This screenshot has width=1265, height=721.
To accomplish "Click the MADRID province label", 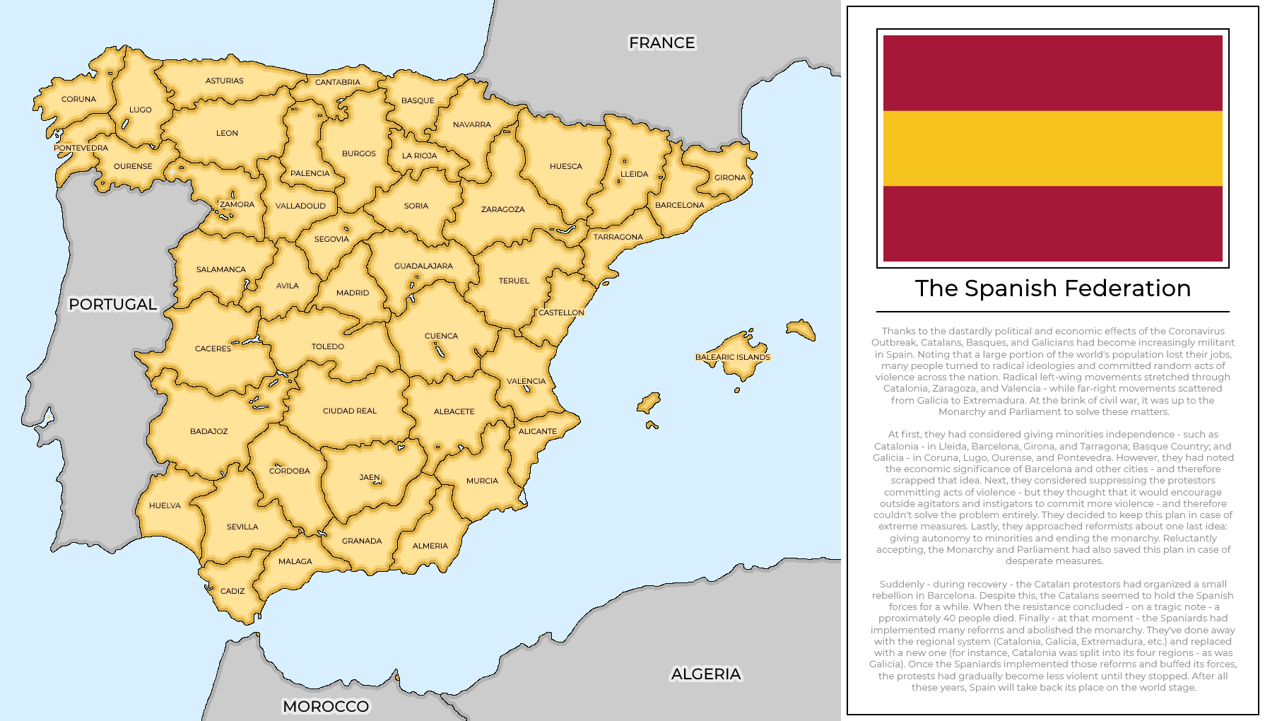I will click(x=353, y=293).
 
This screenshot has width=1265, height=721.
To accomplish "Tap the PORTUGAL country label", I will click(x=112, y=305).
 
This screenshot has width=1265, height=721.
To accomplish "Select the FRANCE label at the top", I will click(x=661, y=43).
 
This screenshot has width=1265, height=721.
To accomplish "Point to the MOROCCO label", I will click(x=326, y=706).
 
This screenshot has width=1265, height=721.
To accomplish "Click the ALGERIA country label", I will click(x=705, y=674).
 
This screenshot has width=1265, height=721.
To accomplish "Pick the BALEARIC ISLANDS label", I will click(x=732, y=357).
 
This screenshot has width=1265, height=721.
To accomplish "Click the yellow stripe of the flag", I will click(x=1052, y=148).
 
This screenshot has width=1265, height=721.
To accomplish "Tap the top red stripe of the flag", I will click(x=1052, y=73).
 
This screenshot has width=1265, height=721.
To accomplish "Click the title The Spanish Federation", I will click(x=1052, y=288).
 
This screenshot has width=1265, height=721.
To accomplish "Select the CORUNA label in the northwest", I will click(x=78, y=99).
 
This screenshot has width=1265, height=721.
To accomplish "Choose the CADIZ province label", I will click(x=233, y=591).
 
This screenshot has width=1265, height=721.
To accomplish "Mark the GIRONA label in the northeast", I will click(x=729, y=177).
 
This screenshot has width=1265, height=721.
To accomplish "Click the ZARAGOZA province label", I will click(x=502, y=209).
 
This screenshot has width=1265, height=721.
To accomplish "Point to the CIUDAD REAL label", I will click(x=349, y=411).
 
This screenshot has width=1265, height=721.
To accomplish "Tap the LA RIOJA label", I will click(x=419, y=156).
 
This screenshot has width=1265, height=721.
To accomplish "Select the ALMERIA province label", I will click(x=430, y=546).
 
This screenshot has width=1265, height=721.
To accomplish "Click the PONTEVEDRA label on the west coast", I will click(x=81, y=148).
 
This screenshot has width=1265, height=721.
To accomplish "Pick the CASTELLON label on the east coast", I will click(x=561, y=312).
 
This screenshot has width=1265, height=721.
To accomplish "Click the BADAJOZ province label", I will click(x=208, y=431).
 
